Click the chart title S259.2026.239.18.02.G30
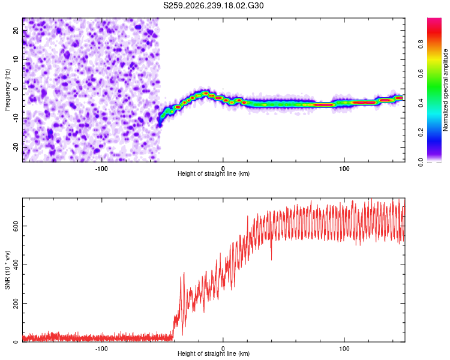(213, 5)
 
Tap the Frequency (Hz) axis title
(7, 90)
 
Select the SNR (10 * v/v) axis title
(7, 270)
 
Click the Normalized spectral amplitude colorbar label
(445, 90)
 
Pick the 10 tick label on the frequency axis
(16, 59)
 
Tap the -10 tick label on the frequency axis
(16, 118)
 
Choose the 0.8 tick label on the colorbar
(421, 44)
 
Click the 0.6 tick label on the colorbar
(421, 73)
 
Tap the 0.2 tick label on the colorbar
(421, 133)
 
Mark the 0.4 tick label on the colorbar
(421, 103)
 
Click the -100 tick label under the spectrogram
(101, 169)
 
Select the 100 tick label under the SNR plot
(344, 349)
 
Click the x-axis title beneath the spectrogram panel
(214, 173)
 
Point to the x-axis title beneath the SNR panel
(214, 353)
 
